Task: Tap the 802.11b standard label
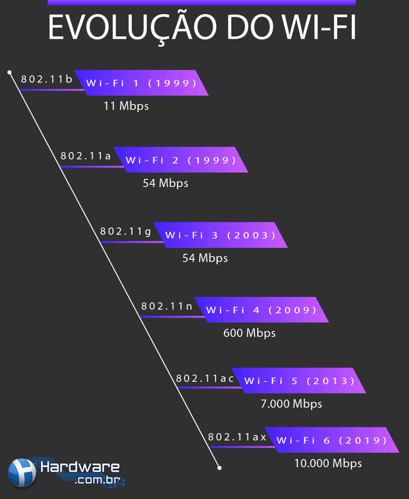(47, 79)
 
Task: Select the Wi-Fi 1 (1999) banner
(142, 83)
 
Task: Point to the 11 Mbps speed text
(126, 106)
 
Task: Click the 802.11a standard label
(85, 156)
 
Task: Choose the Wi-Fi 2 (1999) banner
(181, 160)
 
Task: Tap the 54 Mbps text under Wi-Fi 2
(165, 183)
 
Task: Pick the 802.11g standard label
(125, 231)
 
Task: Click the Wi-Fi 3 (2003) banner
(220, 235)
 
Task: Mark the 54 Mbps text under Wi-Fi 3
(205, 258)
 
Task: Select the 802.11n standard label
(166, 306)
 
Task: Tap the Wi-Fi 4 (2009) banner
(262, 309)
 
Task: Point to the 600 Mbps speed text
(249, 333)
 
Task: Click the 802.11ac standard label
(205, 379)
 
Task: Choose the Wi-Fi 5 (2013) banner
(299, 381)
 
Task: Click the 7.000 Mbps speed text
(291, 404)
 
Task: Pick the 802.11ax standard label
(237, 437)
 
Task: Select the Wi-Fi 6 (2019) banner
(332, 440)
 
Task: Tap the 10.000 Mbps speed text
(328, 463)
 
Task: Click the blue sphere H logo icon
(22, 473)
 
